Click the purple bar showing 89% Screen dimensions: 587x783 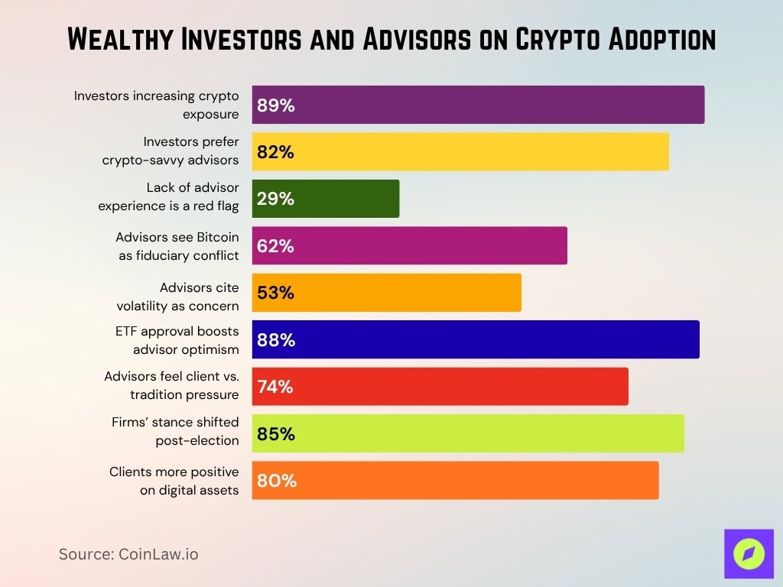tap(478, 105)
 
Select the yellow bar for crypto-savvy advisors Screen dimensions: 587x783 tap(460, 152)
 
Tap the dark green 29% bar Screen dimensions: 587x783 tap(326, 199)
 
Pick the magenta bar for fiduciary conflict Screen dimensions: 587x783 tap(410, 246)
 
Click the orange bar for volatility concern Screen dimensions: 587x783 tap(387, 293)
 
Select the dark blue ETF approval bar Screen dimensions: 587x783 tap(476, 339)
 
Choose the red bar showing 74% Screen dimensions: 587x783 tap(440, 387)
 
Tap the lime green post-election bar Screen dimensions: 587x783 tap(468, 433)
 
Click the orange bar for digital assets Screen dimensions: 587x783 tap(456, 481)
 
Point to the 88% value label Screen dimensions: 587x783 tap(276, 340)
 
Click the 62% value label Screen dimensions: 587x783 tap(275, 246)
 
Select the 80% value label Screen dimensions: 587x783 tap(276, 481)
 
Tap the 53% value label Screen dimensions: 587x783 tap(275, 293)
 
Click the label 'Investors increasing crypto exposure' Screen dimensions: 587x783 tap(156, 105)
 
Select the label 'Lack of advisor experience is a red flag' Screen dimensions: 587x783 tap(168, 196)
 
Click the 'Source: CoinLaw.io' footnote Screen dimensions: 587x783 tap(128, 554)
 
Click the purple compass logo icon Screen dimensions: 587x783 tap(749, 553)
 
